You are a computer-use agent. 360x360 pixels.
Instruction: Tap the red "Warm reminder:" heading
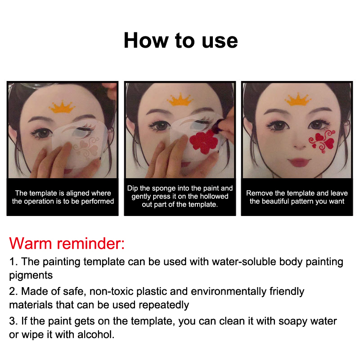point(67,243)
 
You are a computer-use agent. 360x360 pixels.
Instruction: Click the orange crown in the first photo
point(62,107)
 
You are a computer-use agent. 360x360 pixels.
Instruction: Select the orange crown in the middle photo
point(180,99)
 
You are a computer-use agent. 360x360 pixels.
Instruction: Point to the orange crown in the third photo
point(297,99)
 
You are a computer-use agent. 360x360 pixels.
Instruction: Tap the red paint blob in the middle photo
point(204,141)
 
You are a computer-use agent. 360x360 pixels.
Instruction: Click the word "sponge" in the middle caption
point(164,188)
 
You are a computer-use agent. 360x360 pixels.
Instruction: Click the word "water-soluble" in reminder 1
point(244,261)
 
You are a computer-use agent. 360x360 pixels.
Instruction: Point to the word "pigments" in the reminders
point(31,275)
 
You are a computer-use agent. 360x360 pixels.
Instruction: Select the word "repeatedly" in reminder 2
point(163,306)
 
